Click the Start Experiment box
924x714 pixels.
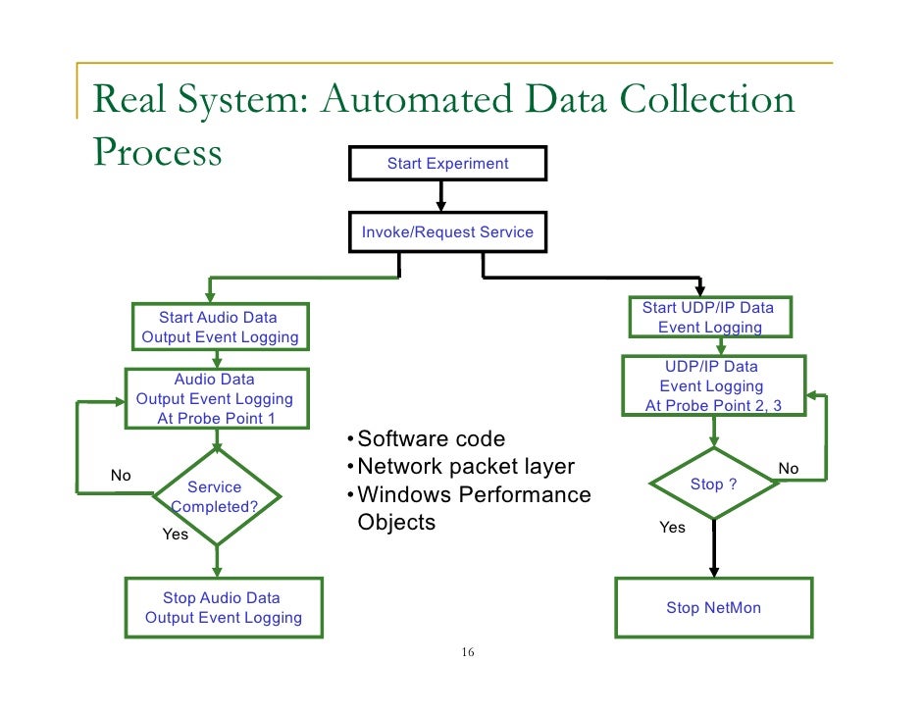pyautogui.click(x=447, y=164)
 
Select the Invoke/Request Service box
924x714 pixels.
pyautogui.click(x=447, y=232)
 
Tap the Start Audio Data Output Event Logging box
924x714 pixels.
pyautogui.click(x=219, y=328)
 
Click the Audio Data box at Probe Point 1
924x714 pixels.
pyautogui.click(x=215, y=399)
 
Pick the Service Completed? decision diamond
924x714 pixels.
pyautogui.click(x=215, y=497)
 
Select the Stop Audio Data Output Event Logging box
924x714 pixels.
pyautogui.click(x=223, y=608)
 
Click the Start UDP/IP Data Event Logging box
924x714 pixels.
pyautogui.click(x=708, y=317)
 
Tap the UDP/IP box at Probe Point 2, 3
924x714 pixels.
pyautogui.click(x=713, y=385)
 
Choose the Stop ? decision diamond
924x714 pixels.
pyautogui.click(x=713, y=484)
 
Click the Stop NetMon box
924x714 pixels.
pyautogui.click(x=713, y=608)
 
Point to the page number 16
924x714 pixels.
pyautogui.click(x=467, y=653)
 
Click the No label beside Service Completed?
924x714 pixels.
pyautogui.click(x=121, y=476)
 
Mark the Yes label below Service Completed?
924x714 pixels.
pyautogui.click(x=176, y=535)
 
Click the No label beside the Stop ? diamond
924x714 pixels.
pyautogui.click(x=788, y=469)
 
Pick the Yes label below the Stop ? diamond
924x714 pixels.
pyautogui.click(x=672, y=528)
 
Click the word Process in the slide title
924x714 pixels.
pyautogui.click(x=158, y=153)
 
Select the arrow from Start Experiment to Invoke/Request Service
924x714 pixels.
pyautogui.click(x=441, y=196)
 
